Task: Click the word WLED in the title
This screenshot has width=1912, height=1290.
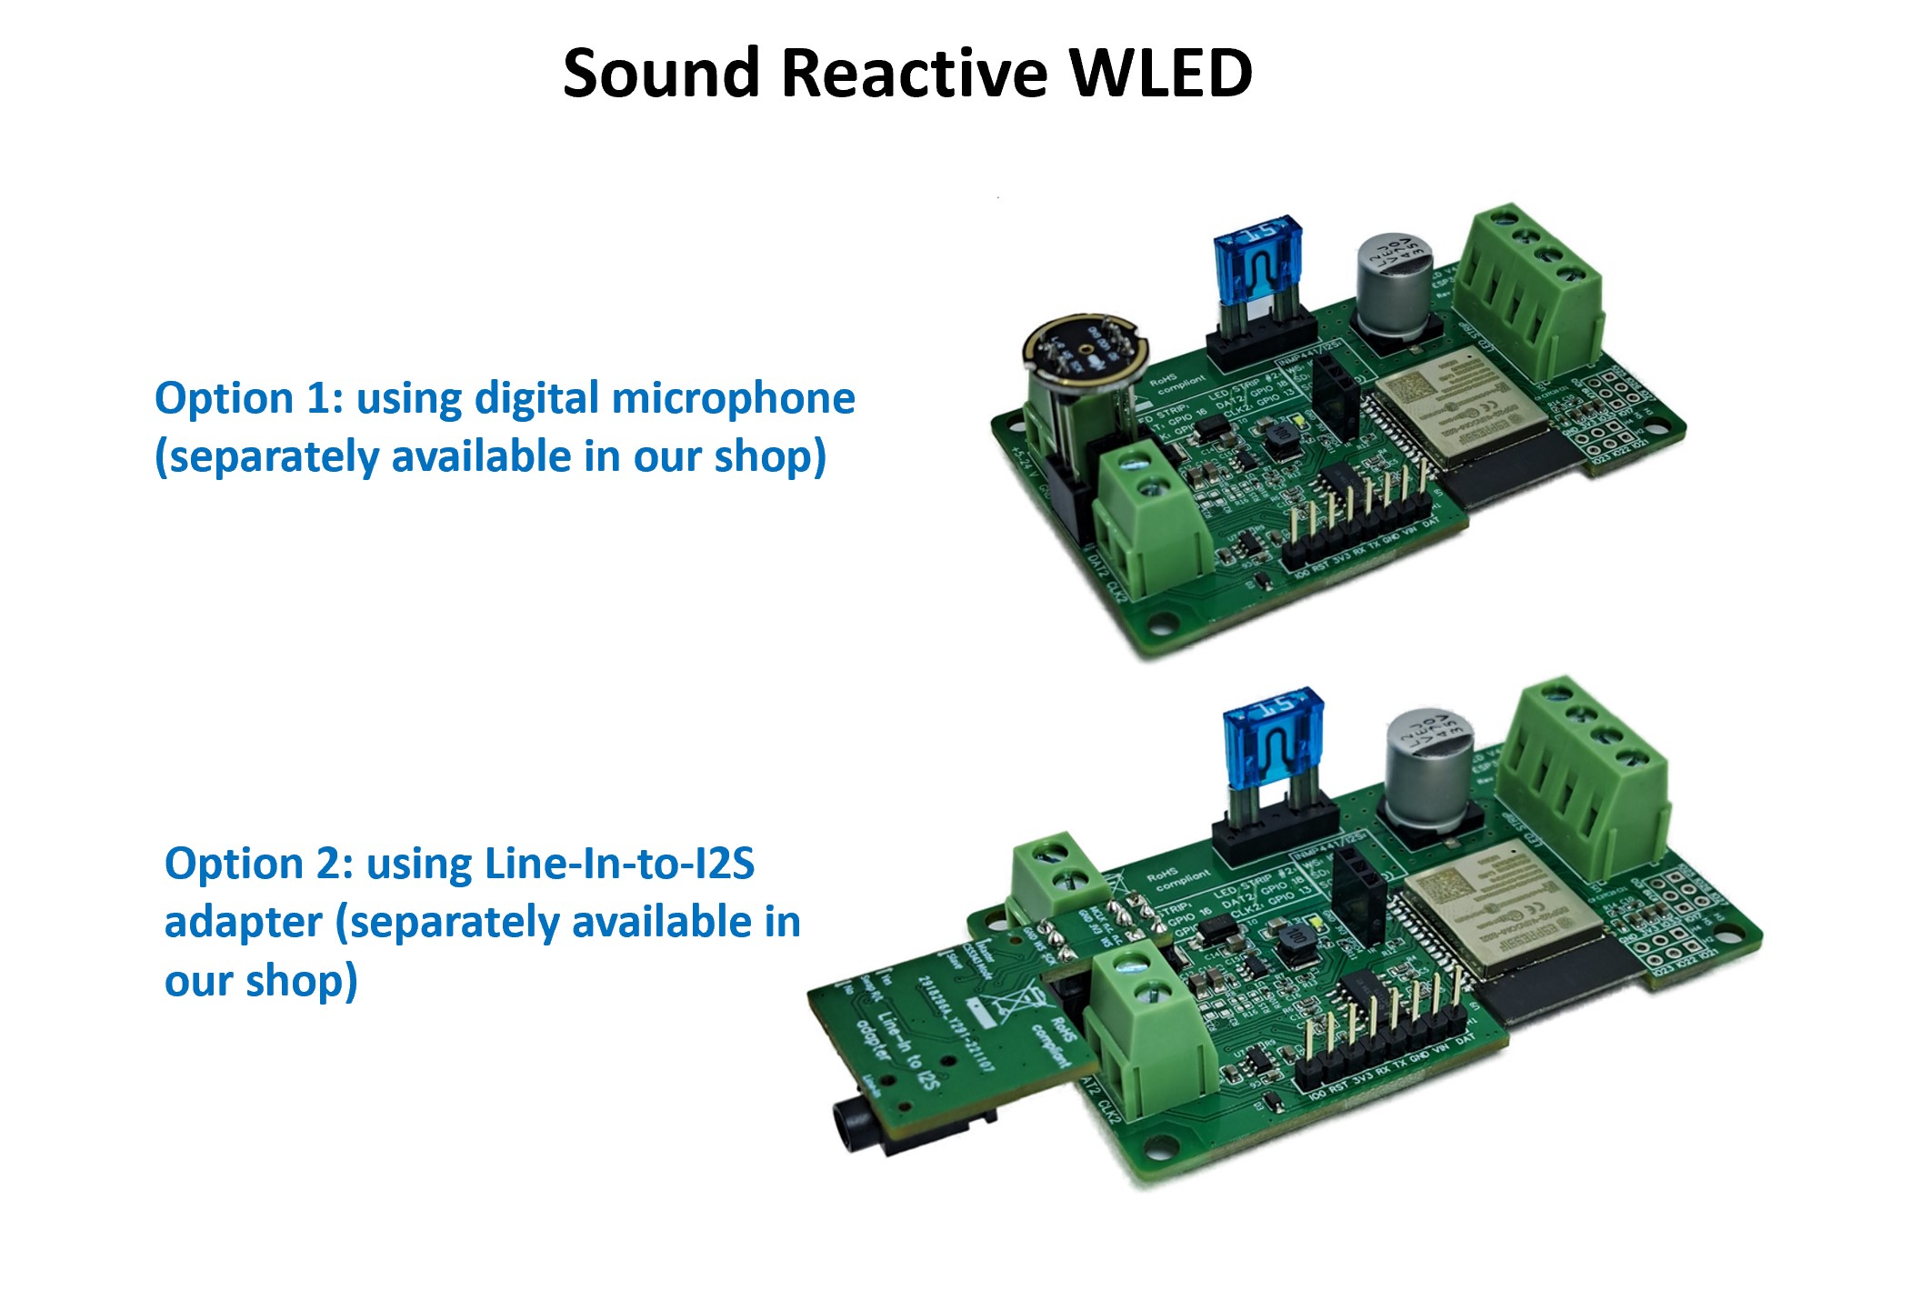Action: pyautogui.click(x=1160, y=73)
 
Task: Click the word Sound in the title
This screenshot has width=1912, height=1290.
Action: pyautogui.click(x=661, y=73)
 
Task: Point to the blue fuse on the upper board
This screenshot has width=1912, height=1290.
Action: pyautogui.click(x=1255, y=259)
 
